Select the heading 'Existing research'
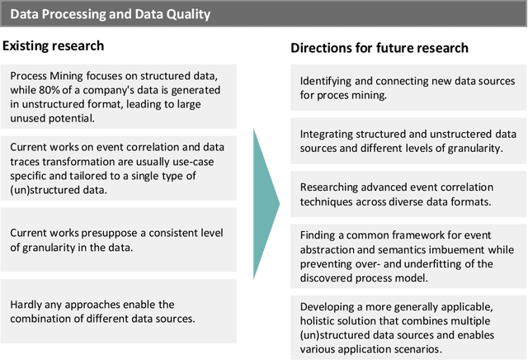tap(53, 45)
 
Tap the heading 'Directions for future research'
tap(379, 48)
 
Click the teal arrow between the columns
tap(265, 193)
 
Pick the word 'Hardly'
tap(26, 305)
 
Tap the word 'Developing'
tap(328, 307)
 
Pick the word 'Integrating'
tap(328, 133)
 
